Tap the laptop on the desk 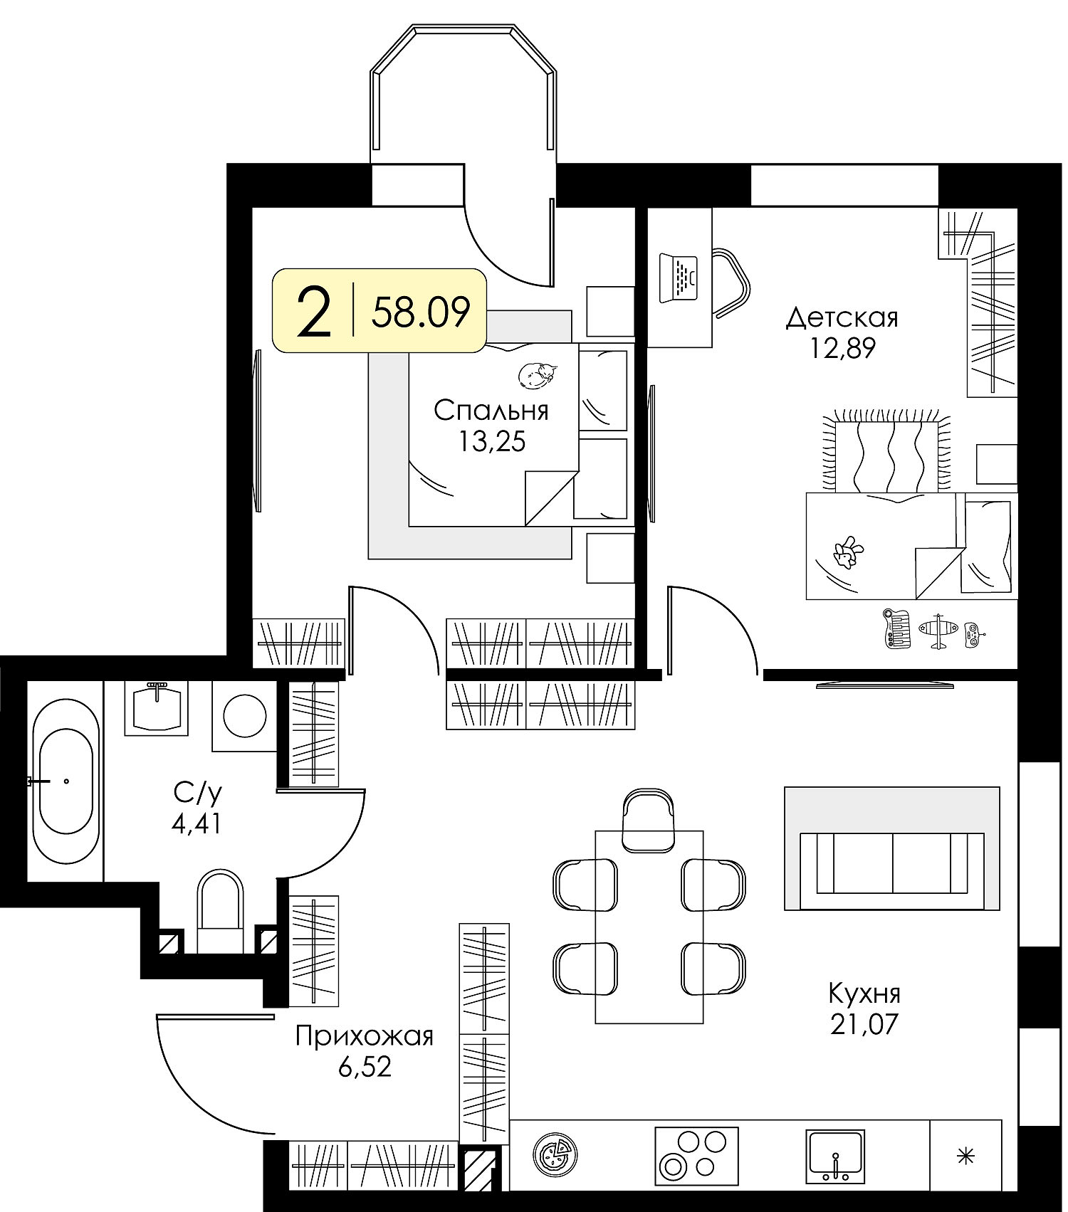(x=679, y=277)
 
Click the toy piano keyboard (x=896, y=628)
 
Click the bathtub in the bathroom (x=66, y=781)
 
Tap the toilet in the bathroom (x=219, y=911)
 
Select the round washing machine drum (x=245, y=715)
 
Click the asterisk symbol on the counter (x=965, y=1156)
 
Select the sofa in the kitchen (x=892, y=863)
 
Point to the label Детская (x=842, y=317)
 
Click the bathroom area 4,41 (x=196, y=824)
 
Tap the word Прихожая (x=365, y=1037)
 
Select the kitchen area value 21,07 (x=864, y=1024)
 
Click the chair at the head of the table (x=649, y=820)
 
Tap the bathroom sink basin (x=157, y=707)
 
